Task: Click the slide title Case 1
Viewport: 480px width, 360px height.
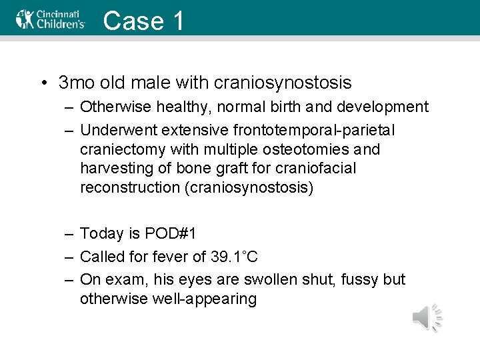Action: tap(143, 21)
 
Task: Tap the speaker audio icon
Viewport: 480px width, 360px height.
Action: tap(427, 317)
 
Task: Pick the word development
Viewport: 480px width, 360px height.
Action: tap(384, 107)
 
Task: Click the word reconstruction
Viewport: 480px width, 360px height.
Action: tap(129, 188)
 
